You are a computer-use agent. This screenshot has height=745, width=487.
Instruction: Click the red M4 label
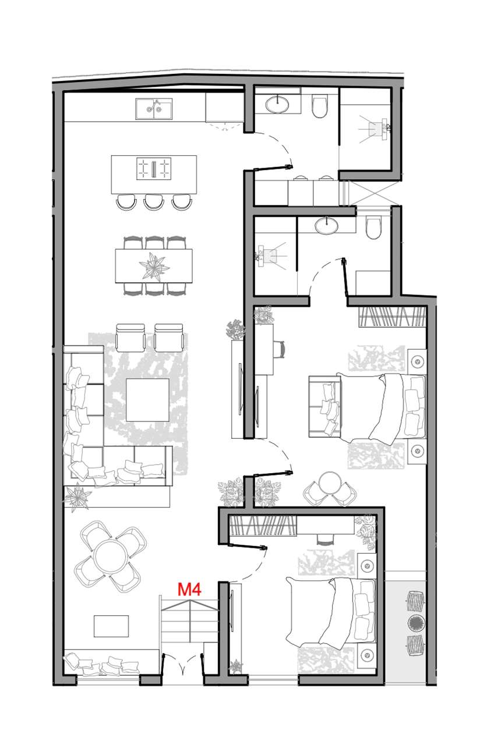click(x=189, y=590)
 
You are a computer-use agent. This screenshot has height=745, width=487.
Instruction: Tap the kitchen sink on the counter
click(x=154, y=108)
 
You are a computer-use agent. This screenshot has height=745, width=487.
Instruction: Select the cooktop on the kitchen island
click(x=153, y=169)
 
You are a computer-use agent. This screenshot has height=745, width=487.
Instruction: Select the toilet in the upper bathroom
click(x=320, y=106)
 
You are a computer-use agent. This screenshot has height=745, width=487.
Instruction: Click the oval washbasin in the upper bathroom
click(x=277, y=104)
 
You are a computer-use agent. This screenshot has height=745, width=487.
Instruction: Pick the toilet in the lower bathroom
click(x=373, y=228)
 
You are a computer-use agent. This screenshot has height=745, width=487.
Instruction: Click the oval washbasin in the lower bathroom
click(x=326, y=225)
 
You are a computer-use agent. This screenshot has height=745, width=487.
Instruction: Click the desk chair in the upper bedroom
click(x=281, y=350)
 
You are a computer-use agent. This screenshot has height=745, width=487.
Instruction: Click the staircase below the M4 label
click(x=190, y=626)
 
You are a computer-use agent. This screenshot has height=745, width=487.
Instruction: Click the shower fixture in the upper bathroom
click(x=379, y=127)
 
